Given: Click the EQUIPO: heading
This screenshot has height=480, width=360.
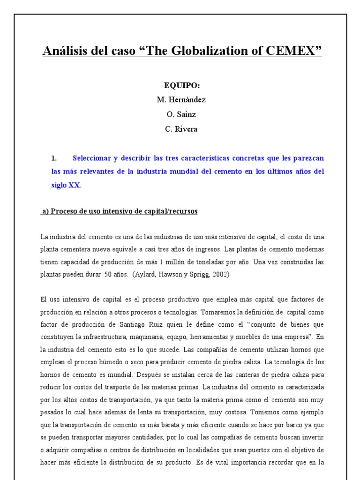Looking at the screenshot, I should click(181, 85).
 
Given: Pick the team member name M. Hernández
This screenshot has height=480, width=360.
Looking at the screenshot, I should click(181, 100).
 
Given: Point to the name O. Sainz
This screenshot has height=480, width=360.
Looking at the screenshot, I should click(181, 114).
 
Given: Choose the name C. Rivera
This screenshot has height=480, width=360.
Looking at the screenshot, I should click(181, 129).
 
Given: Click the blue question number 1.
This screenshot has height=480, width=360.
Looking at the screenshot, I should click(53, 158).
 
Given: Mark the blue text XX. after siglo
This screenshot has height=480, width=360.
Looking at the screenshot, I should click(75, 185).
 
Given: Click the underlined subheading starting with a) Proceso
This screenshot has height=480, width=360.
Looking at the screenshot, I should click(120, 211).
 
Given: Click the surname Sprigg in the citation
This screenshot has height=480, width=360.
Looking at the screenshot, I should click(199, 274).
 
